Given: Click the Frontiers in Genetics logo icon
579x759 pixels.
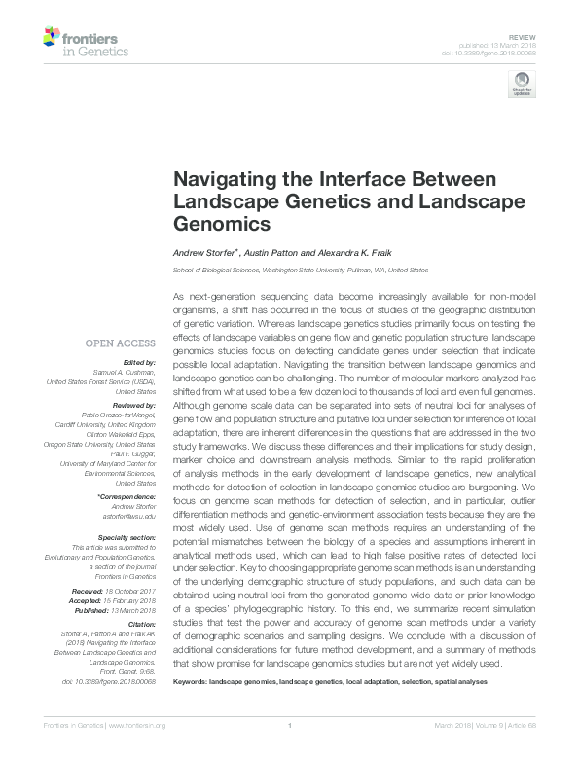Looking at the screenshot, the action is coord(53,37).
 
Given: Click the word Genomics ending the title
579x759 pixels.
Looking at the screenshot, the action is coord(220,224).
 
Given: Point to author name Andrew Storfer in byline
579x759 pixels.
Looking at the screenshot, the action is coord(203,252).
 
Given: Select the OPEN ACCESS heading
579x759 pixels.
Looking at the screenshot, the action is coord(120,343).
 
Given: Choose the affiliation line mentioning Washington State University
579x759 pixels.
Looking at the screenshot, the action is coord(300,270).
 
